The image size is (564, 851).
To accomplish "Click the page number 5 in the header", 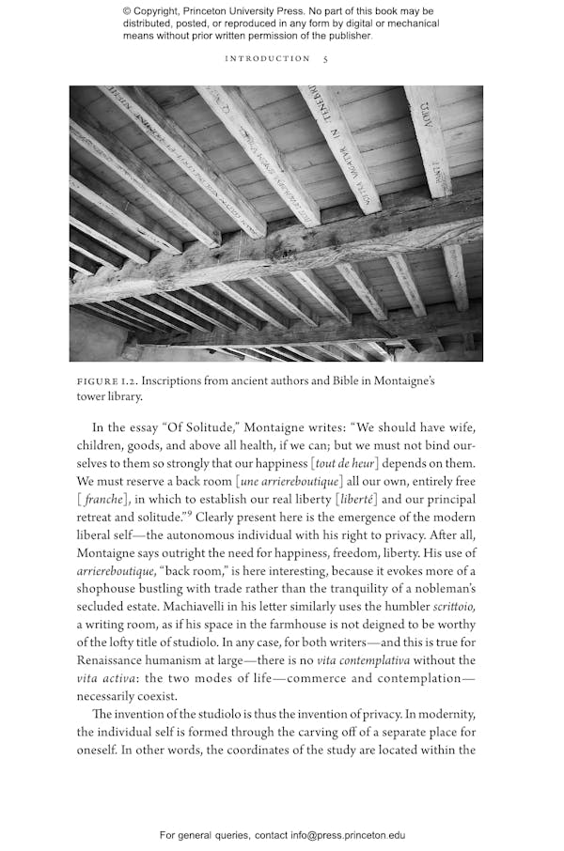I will pos(325,58).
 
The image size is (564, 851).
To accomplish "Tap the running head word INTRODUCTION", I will pos(267,58).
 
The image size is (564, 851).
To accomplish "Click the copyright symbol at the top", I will pos(126,11).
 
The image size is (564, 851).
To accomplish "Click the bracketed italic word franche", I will pos(103,500).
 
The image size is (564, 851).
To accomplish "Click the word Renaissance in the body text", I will pos(117,660).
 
